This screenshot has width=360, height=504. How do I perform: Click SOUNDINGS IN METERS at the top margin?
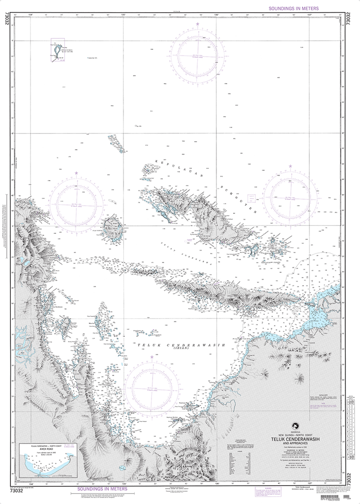pyautogui.click(x=294, y=8)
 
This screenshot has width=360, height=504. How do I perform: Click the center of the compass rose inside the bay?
pyautogui.click(x=151, y=389)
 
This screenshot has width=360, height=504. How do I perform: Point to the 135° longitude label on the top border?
pyautogui.click(x=123, y=15)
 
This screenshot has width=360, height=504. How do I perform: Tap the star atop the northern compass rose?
pyautogui.click(x=198, y=24)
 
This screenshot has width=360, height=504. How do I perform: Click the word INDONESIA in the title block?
pyautogui.click(x=295, y=431)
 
